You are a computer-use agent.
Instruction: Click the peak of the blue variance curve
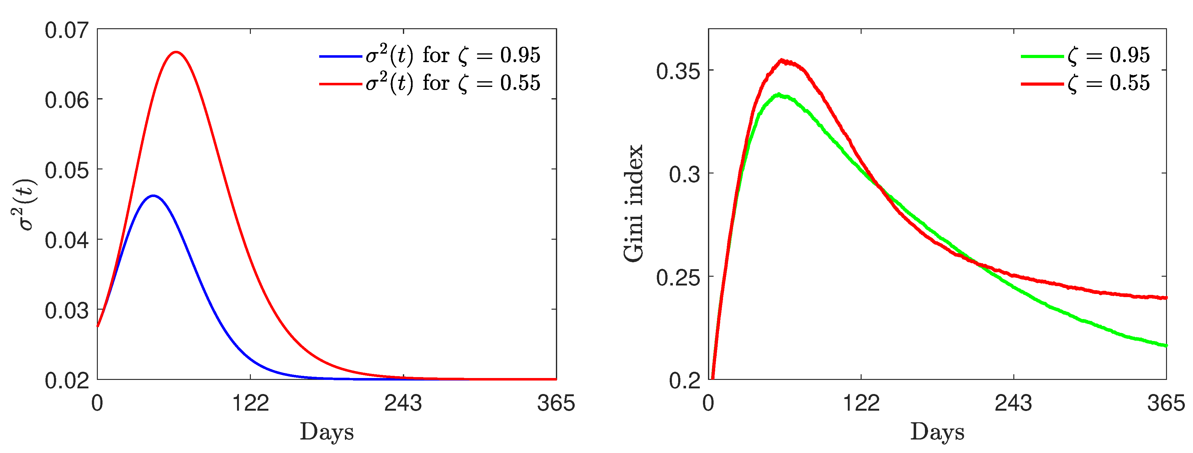pos(153,195)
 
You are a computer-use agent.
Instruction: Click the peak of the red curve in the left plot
pos(176,52)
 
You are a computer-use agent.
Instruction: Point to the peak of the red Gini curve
pos(782,60)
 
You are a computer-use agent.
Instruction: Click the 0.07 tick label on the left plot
pos(67,30)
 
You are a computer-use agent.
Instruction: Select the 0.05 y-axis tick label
pos(67,170)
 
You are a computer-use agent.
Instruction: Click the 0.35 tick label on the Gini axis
pos(678,71)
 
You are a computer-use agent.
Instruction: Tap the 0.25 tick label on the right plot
pos(678,277)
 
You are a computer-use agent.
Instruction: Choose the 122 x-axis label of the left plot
pos(250,403)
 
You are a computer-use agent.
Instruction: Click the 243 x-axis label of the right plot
pos(1013,403)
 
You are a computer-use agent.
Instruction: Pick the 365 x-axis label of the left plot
pos(556,403)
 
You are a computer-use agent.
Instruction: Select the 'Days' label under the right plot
pos(937,432)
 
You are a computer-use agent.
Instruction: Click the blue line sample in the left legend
pos(340,56)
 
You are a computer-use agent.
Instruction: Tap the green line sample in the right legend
pos(1042,56)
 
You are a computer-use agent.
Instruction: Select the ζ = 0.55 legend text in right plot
pos(1109,84)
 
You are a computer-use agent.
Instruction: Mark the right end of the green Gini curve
pos(1166,345)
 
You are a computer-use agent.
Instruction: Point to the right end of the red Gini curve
pos(1166,298)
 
